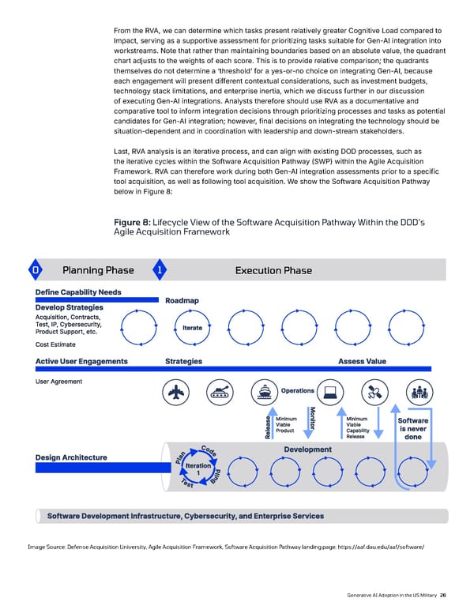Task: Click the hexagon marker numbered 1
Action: pos(159,271)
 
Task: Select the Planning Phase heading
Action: pos(97,271)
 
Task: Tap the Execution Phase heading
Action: pos(273,271)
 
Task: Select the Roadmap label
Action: pos(182,299)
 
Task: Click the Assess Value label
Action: pos(362,361)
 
